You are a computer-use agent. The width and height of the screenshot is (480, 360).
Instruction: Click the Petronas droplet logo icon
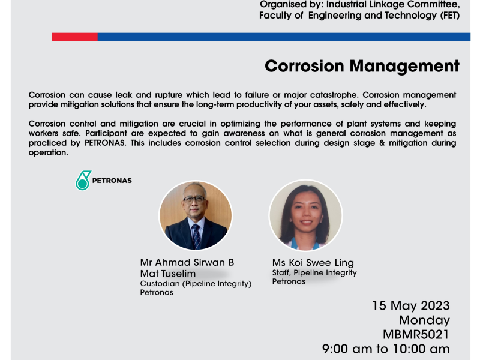[83, 181]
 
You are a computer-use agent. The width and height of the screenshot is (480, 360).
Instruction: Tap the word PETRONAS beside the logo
[112, 181]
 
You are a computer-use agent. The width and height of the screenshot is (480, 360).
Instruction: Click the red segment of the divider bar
[74, 37]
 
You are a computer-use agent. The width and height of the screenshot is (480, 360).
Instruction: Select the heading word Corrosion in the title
[304, 66]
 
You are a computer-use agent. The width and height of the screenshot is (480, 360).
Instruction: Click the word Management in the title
[404, 67]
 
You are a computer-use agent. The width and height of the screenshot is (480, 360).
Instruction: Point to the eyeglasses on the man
[193, 200]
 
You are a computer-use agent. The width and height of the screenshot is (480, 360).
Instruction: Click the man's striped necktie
[196, 236]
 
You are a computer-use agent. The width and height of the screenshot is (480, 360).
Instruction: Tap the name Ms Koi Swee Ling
[313, 263]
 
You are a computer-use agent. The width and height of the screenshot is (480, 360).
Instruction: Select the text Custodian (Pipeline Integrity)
[196, 284]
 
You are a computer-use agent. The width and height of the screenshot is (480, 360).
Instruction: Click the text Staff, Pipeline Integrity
[314, 273]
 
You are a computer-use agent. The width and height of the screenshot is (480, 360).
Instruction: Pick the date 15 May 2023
[411, 306]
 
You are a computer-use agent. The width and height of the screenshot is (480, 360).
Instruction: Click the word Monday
[424, 320]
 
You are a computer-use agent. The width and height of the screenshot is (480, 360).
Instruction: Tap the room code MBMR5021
[416, 335]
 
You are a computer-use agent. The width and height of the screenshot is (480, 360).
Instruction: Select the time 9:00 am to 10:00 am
[386, 349]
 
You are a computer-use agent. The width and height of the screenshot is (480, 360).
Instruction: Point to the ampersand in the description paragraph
[382, 143]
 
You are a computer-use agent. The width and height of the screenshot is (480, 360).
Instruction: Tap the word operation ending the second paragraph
[48, 153]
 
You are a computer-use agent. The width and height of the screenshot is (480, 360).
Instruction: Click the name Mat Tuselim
[168, 274]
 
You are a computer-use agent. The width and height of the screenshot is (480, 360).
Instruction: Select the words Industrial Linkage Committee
[393, 5]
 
